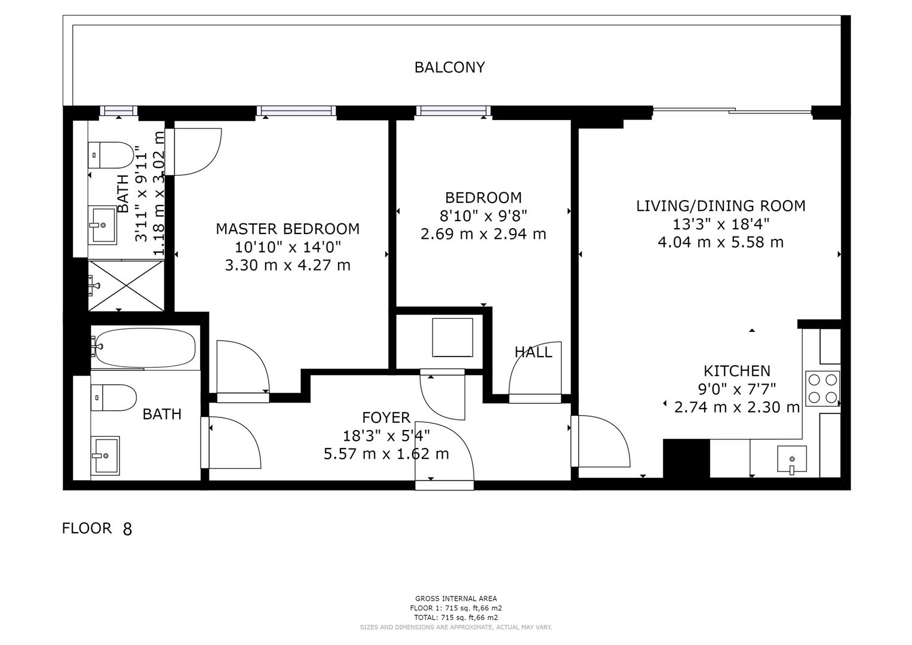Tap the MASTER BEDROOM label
point(287,229)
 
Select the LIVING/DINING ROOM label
point(720,206)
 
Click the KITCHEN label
point(736,371)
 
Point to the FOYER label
point(386,417)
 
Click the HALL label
point(533,352)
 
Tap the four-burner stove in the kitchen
point(822,388)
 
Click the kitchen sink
point(792,459)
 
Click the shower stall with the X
point(126,285)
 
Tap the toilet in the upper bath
point(111,155)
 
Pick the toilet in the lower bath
point(113,398)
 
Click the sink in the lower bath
point(105,455)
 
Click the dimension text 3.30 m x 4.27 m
point(287,265)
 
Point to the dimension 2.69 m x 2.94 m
point(483,234)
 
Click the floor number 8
point(127,529)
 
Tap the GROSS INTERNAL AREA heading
point(456,598)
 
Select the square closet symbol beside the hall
point(452,337)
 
